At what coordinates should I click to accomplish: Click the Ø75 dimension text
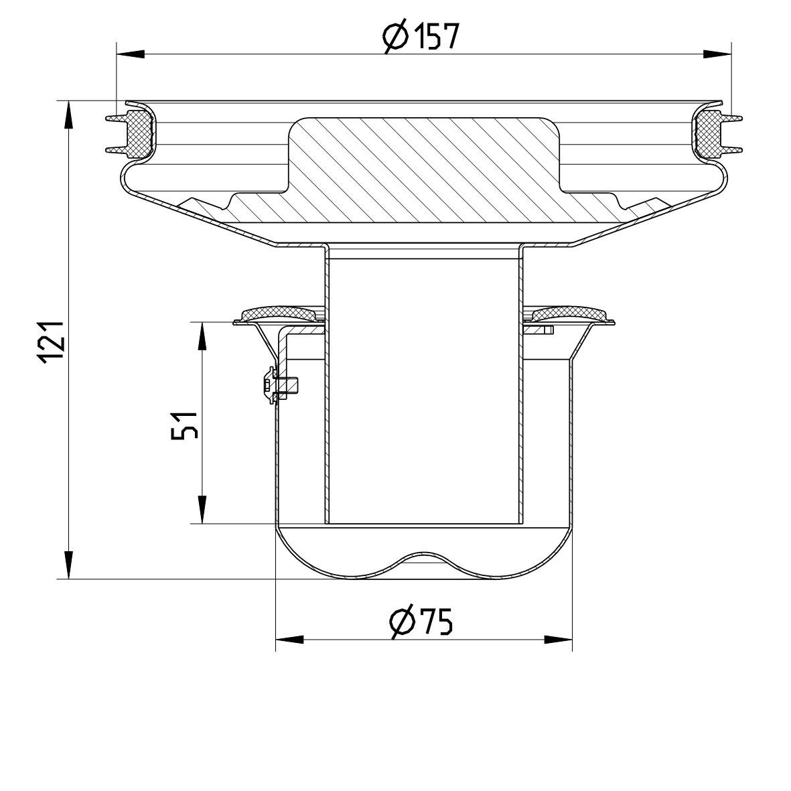[x=421, y=622]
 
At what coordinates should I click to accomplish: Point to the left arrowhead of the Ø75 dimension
[x=289, y=640]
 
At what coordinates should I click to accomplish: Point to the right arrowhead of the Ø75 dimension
[x=559, y=640]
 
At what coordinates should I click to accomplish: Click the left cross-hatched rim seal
[x=140, y=134]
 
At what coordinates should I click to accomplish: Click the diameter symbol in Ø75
[x=402, y=623]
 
